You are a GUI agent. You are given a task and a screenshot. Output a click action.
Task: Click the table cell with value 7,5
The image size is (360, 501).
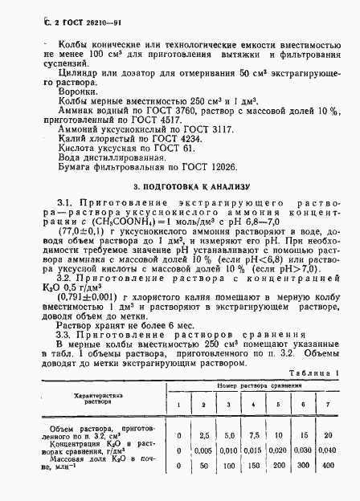tap(252, 434)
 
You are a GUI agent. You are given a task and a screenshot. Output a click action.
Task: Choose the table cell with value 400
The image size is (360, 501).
tap(325, 465)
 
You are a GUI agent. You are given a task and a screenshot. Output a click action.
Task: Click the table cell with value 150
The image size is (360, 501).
tap(252, 465)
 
